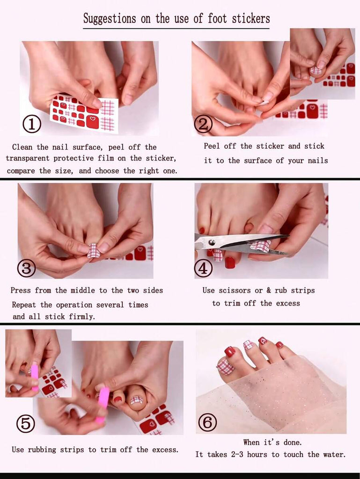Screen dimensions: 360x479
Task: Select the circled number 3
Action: [26, 268]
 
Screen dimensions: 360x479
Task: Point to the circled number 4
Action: [203, 268]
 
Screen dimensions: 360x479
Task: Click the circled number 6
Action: [207, 423]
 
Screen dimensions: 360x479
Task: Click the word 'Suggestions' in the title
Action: [110, 19]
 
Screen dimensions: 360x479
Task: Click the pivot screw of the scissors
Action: [211, 243]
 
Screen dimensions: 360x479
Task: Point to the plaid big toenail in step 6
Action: [226, 367]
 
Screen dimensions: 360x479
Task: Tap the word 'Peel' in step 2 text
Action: [212, 146]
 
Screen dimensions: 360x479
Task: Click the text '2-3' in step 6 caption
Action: [237, 455]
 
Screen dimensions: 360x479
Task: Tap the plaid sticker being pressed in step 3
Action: [94, 251]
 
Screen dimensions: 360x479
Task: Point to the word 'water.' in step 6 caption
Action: [334, 455]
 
